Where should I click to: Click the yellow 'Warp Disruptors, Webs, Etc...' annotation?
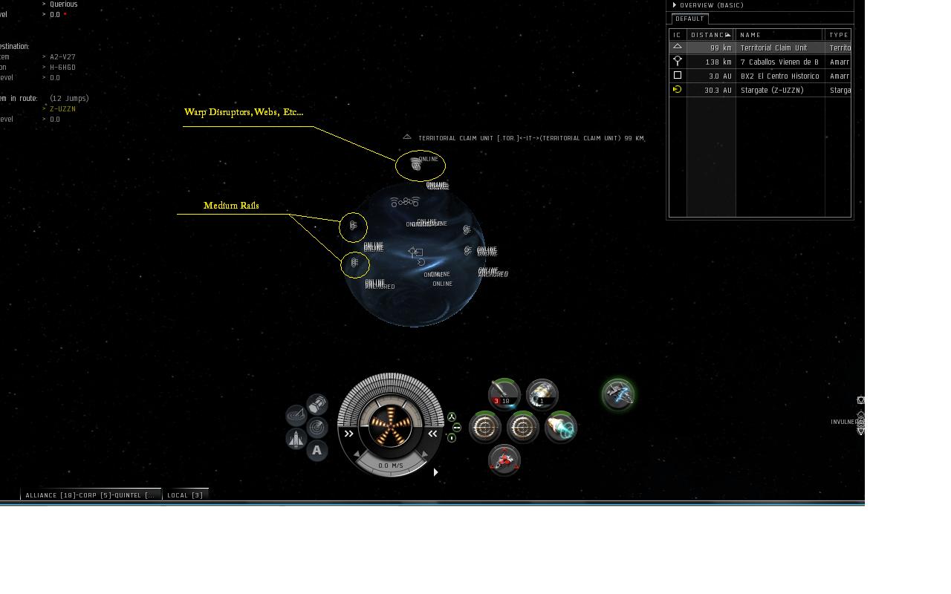point(244,112)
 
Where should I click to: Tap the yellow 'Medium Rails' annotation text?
point(231,206)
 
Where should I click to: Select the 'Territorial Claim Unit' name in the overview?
point(773,48)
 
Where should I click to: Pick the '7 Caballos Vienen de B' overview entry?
point(779,62)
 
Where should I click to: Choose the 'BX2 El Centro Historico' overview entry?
point(779,76)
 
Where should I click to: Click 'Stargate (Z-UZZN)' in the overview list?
point(773,90)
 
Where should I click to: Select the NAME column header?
point(750,35)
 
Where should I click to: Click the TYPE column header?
point(839,35)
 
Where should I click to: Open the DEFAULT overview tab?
point(689,19)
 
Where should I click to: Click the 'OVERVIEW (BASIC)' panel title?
point(711,5)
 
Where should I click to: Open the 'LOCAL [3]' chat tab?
point(185,495)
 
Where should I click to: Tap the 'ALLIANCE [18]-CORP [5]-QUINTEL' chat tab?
point(90,495)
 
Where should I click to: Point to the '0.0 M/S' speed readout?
point(391,466)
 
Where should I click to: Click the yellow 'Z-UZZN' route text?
point(62,109)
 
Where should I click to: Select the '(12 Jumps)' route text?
point(69,98)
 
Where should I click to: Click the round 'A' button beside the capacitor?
point(317,450)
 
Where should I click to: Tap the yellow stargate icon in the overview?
point(677,90)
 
